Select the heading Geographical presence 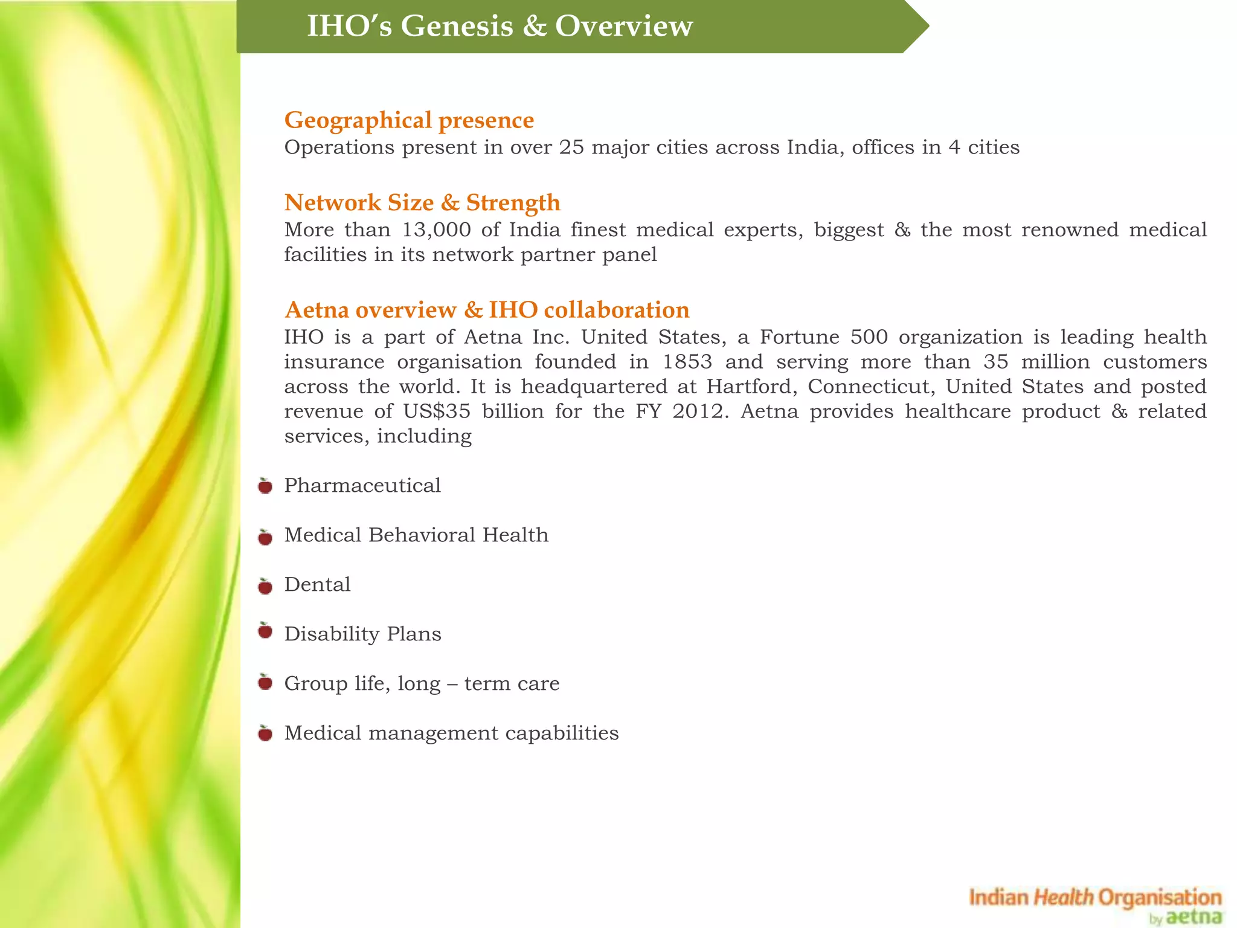pyautogui.click(x=409, y=120)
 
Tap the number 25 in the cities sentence pyautogui.click(x=571, y=147)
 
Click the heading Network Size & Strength pyautogui.click(x=422, y=202)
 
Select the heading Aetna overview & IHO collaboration pyautogui.click(x=487, y=310)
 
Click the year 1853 pyautogui.click(x=688, y=362)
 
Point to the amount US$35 pyautogui.click(x=436, y=411)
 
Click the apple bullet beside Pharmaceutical pyautogui.click(x=265, y=486)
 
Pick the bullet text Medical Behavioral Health pyautogui.click(x=416, y=535)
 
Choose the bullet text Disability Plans pyautogui.click(x=362, y=634)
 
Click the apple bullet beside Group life pyautogui.click(x=265, y=683)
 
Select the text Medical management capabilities pyautogui.click(x=451, y=733)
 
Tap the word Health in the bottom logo pyautogui.click(x=1063, y=897)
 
